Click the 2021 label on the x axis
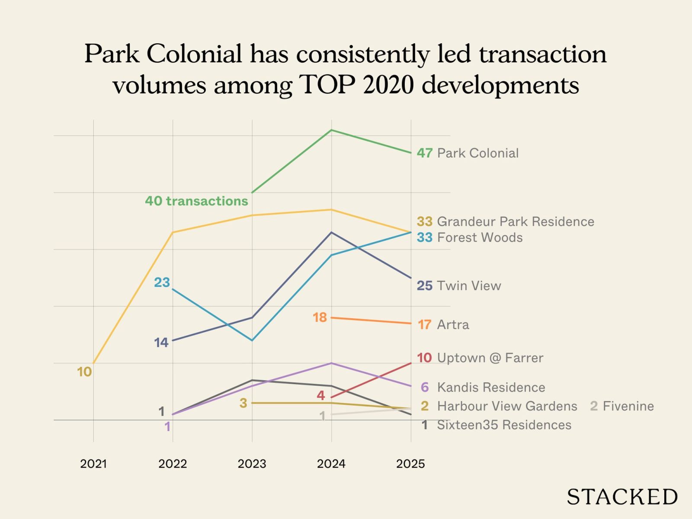click(x=93, y=464)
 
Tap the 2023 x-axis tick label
click(x=252, y=464)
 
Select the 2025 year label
click(x=410, y=464)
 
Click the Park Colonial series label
click(x=477, y=153)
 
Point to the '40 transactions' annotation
click(x=196, y=201)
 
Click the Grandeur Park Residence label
click(x=515, y=221)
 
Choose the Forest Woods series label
click(x=480, y=237)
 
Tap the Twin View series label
click(x=469, y=285)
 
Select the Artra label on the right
click(x=453, y=324)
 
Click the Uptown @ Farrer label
click(x=490, y=358)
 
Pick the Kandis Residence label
click(x=491, y=387)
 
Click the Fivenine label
click(x=628, y=406)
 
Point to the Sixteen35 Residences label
click(x=504, y=425)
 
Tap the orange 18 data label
click(x=320, y=317)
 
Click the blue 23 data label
click(x=162, y=282)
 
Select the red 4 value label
click(x=320, y=395)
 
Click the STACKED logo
click(x=622, y=497)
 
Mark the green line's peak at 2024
click(x=331, y=130)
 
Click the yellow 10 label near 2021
click(x=84, y=372)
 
